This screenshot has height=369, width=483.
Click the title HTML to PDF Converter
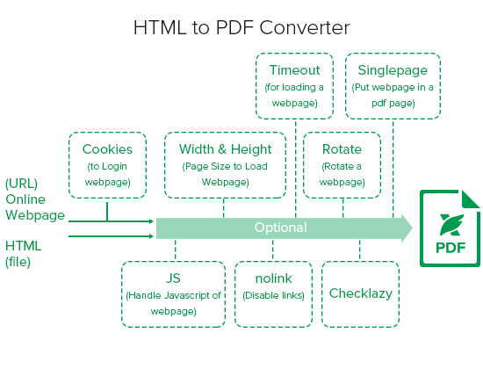tap(241, 28)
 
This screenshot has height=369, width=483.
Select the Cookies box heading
tap(107, 149)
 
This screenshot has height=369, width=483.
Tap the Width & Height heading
tap(225, 149)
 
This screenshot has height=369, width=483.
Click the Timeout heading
tap(295, 70)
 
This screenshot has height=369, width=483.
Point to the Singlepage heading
tap(393, 70)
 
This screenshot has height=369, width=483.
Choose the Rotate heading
tap(342, 149)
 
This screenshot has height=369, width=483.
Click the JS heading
tap(173, 279)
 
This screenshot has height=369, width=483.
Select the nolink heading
tap(273, 279)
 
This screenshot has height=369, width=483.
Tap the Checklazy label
tap(361, 293)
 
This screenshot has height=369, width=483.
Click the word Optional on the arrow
tap(281, 228)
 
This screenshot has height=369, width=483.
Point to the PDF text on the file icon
tap(451, 248)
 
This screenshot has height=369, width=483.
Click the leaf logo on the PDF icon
tap(452, 225)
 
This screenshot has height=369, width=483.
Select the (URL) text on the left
tap(22, 184)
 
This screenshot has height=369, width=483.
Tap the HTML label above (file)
tap(24, 246)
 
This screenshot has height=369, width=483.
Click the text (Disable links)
tap(273, 295)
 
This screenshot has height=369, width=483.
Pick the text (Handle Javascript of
tap(173, 295)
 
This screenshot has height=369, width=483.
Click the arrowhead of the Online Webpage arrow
tap(151, 221)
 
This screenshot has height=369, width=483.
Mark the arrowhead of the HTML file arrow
tap(151, 236)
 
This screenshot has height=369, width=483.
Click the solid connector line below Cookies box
tap(107, 212)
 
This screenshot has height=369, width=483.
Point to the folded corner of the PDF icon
tap(470, 199)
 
